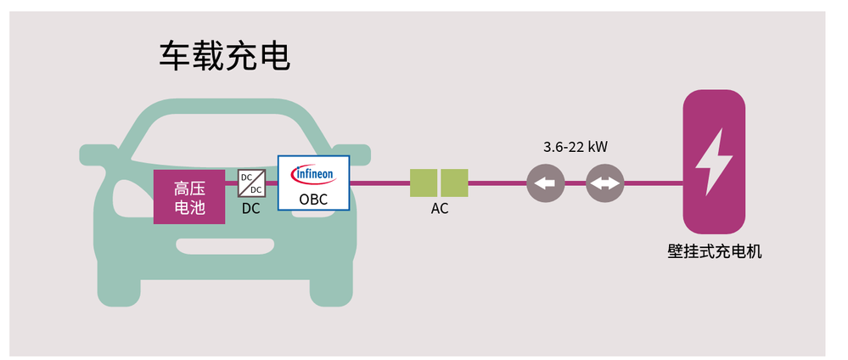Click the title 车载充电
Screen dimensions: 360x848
point(225,56)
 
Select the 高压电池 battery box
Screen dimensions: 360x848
point(188,196)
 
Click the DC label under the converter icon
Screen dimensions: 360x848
point(251,208)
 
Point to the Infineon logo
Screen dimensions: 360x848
point(313,174)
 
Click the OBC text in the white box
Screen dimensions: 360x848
point(313,200)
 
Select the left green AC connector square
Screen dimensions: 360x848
point(423,183)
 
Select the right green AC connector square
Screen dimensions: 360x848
point(454,183)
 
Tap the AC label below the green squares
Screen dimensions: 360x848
point(439,209)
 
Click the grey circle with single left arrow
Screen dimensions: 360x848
point(546,183)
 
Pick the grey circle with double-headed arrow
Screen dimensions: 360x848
point(604,183)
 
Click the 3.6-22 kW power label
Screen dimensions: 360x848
point(575,147)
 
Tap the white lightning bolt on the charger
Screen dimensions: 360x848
point(713,161)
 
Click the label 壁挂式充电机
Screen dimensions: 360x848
point(714,251)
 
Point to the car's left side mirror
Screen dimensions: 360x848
point(96,155)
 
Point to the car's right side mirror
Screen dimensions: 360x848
point(355,154)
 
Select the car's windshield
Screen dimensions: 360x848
point(225,136)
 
